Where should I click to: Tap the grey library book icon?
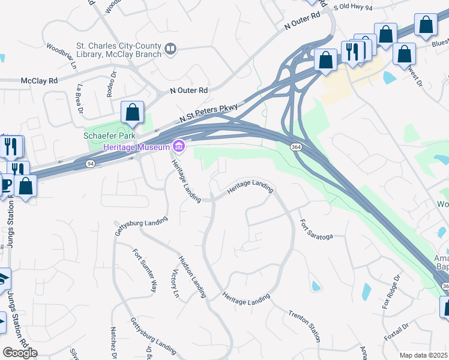click(x=171, y=49)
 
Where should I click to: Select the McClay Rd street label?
click(x=39, y=80)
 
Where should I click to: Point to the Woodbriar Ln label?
click(x=62, y=55)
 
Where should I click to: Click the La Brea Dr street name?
click(x=79, y=97)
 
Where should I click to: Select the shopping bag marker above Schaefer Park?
click(x=132, y=113)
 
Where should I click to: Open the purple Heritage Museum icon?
click(x=178, y=146)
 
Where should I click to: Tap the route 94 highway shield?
click(x=90, y=163)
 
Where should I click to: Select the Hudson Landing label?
click(x=191, y=277)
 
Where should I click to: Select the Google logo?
click(x=20, y=353)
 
